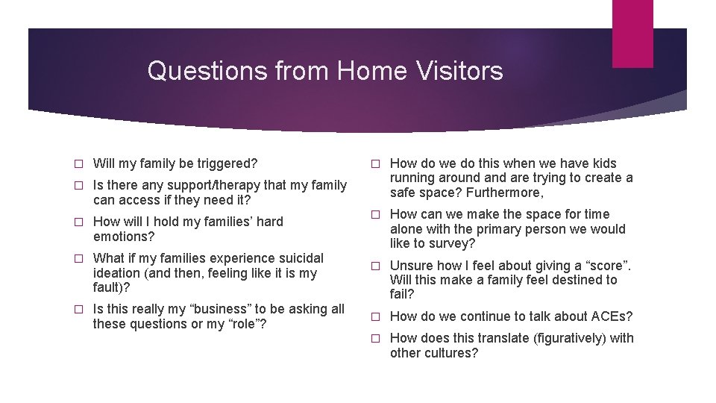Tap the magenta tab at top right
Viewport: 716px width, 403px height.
(632, 34)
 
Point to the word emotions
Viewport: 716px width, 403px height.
(121, 237)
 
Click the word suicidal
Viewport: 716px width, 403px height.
(299, 258)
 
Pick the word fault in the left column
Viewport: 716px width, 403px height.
(106, 287)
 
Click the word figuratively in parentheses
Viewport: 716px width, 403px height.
(570, 338)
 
